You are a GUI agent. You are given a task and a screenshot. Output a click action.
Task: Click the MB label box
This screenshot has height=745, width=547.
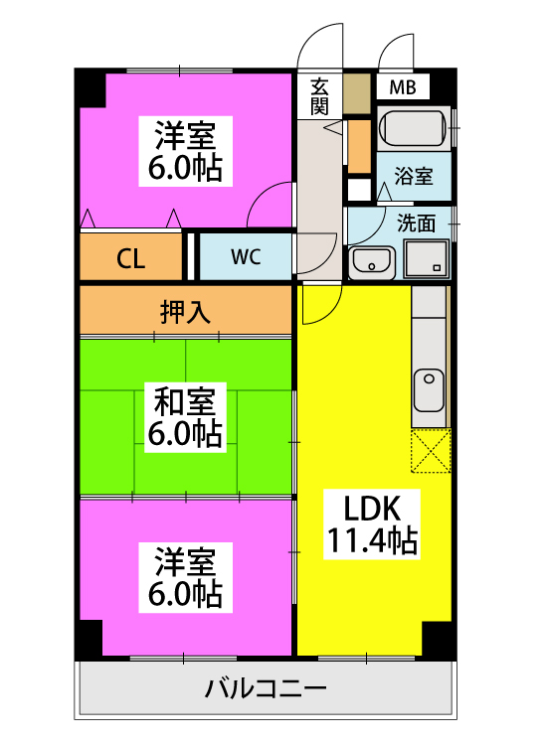click(x=403, y=87)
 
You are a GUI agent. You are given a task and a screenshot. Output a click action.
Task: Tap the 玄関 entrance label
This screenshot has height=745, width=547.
click(x=319, y=96)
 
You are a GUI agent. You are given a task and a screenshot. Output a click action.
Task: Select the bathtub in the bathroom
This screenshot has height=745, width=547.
click(x=414, y=127)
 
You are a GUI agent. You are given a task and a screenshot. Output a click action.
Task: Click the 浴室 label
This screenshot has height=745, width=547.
click(x=414, y=176)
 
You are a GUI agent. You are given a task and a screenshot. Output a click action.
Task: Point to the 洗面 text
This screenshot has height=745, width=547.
click(x=416, y=223)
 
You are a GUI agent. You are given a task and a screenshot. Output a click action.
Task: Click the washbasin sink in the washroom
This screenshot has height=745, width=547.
click(x=372, y=262)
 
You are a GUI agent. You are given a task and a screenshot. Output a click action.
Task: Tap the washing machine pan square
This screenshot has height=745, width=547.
click(x=427, y=258)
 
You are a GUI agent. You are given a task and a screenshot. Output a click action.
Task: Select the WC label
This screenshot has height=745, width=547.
click(x=246, y=256)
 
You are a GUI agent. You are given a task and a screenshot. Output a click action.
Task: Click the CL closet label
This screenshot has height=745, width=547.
click(x=131, y=259)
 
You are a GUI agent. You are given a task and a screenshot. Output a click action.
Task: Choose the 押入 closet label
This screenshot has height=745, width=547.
click(x=185, y=312)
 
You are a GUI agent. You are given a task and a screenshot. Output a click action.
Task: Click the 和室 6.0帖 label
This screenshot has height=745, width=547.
click(x=185, y=417)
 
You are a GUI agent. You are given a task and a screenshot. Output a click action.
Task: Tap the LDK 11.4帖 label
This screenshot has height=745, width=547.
click(x=372, y=524)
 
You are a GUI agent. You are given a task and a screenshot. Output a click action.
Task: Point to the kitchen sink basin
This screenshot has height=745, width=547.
click(x=429, y=390)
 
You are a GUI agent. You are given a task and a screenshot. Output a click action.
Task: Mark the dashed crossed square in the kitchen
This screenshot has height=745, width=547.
click(x=431, y=451)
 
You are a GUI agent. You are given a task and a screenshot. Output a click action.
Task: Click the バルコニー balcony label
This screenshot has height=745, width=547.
click(x=266, y=688)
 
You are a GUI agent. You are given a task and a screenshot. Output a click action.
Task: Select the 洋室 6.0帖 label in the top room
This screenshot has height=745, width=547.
click(x=186, y=151)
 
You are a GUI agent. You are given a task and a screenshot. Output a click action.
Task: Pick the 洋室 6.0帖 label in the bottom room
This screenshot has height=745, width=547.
click(x=186, y=577)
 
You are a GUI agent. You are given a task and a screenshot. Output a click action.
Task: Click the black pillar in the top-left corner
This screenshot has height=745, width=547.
click(x=91, y=88)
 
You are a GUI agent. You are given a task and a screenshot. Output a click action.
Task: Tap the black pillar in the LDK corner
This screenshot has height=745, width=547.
click(x=439, y=640)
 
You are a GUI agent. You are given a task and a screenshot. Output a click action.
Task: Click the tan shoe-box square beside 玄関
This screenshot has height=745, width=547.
click(x=357, y=93)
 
